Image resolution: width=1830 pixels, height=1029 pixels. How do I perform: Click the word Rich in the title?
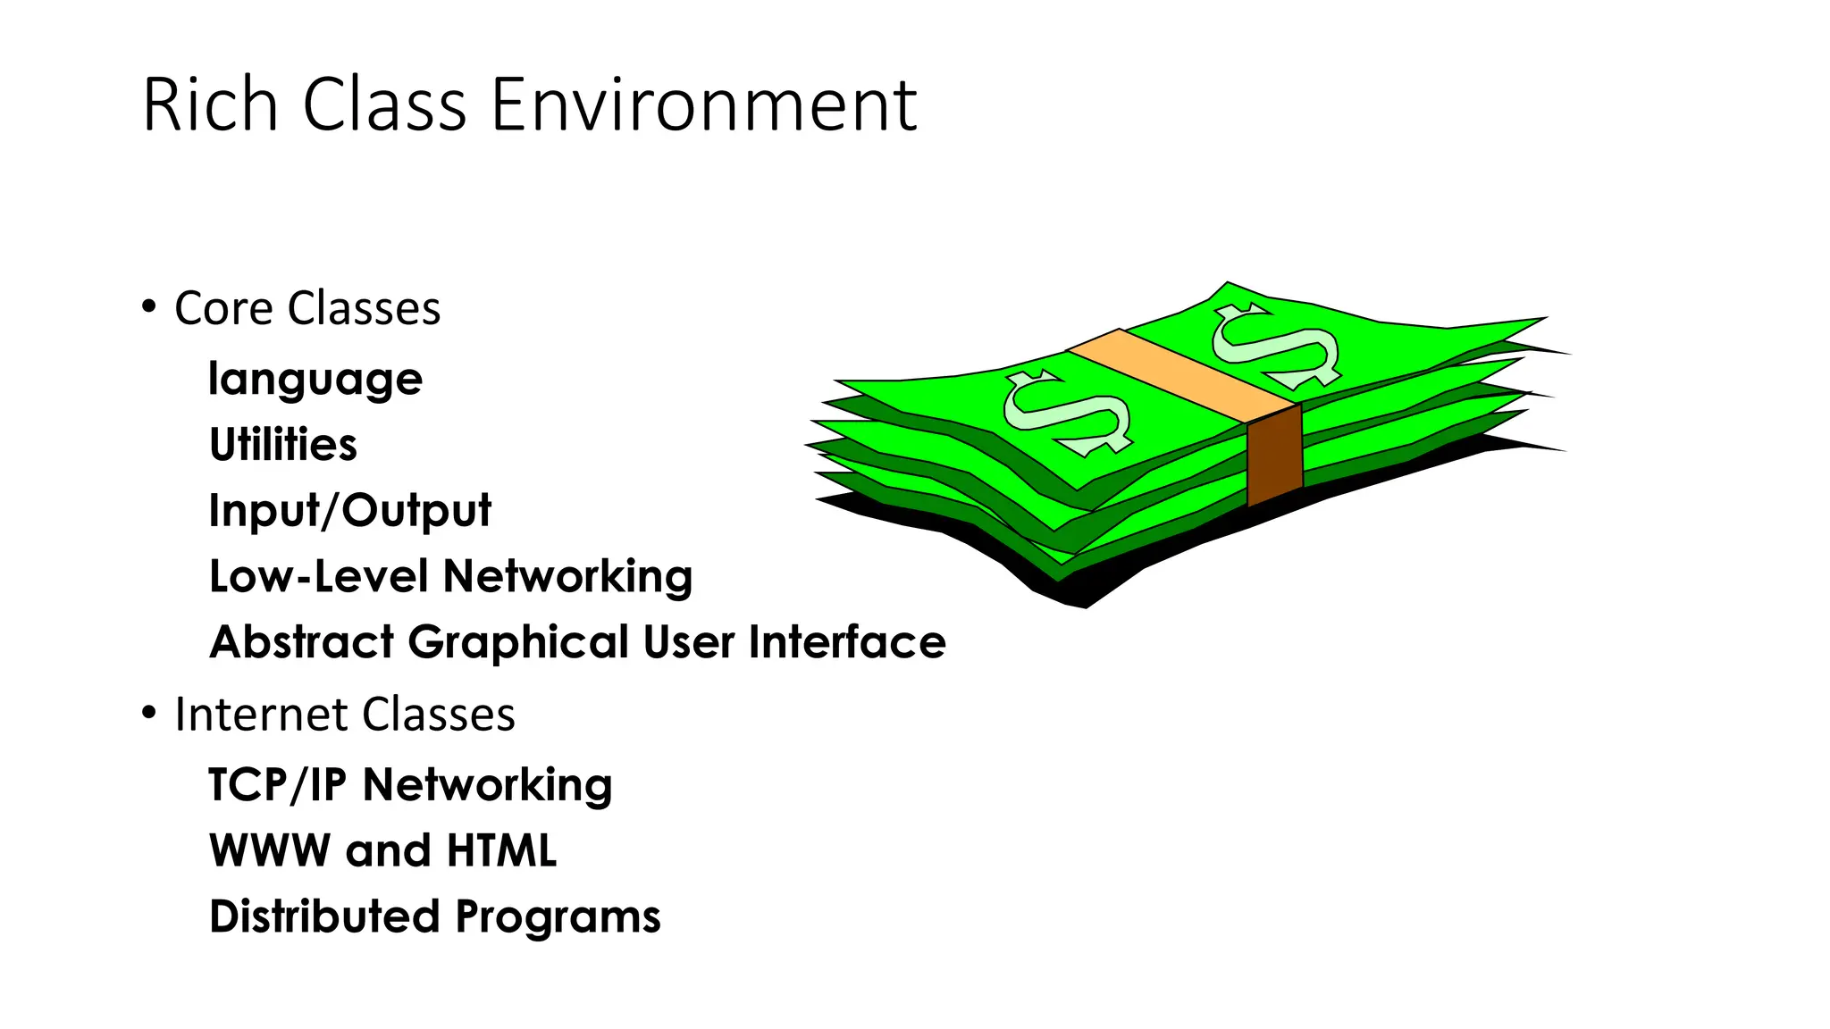[x=211, y=105]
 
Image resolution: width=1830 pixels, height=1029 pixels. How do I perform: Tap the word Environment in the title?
[x=704, y=105]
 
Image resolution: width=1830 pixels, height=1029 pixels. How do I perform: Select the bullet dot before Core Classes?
[x=149, y=307]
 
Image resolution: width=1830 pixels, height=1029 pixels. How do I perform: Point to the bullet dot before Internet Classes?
[x=149, y=713]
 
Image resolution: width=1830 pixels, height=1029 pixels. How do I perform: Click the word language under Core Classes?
[x=315, y=381]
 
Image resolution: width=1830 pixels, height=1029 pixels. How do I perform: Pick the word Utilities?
[x=283, y=445]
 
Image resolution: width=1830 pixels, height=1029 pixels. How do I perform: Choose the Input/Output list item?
[x=349, y=511]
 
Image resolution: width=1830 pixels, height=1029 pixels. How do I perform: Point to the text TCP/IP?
[x=277, y=785]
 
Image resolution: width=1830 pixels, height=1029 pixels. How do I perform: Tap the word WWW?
[x=270, y=850]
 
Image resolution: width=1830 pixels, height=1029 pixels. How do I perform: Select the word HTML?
[x=501, y=850]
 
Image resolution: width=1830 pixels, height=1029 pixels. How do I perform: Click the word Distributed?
[x=325, y=916]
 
